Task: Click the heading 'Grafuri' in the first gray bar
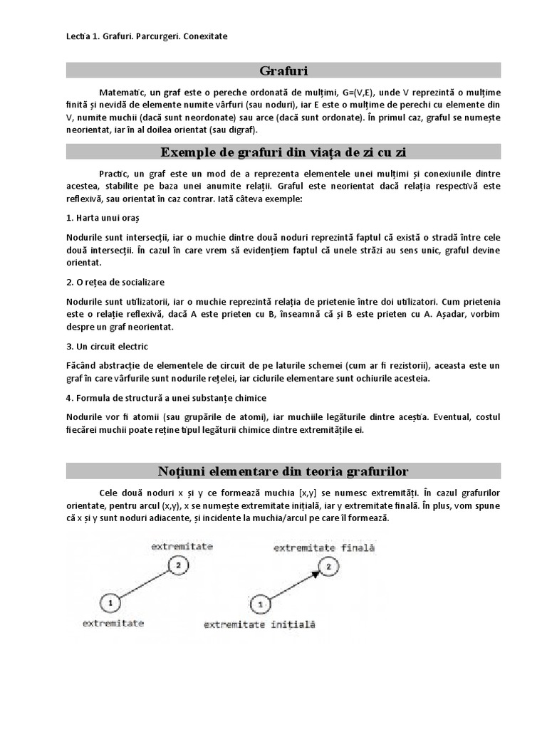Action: pos(283,70)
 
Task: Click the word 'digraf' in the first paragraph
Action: pos(242,130)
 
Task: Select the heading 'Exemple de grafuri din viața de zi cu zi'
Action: pos(283,152)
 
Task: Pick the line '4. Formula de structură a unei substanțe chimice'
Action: pos(167,397)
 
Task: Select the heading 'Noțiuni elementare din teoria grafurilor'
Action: pos(283,471)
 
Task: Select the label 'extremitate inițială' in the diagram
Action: pos(259,625)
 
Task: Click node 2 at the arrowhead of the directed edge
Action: pos(327,567)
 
